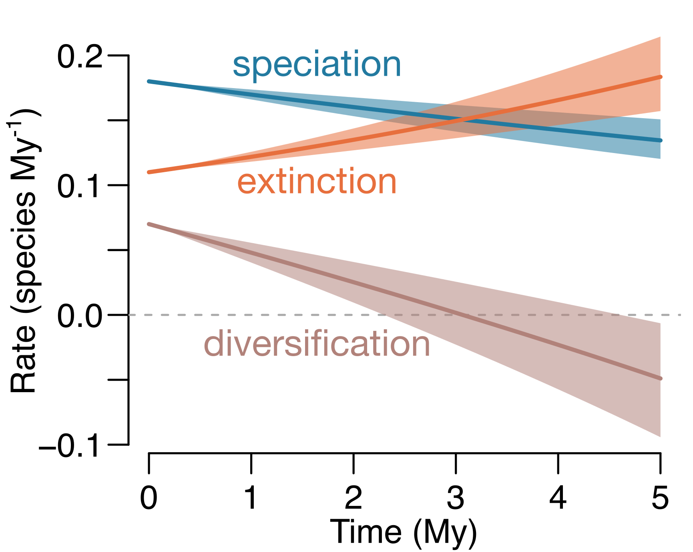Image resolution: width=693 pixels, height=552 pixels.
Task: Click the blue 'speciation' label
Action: coord(317,65)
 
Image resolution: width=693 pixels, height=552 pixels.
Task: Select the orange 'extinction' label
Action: coord(317,182)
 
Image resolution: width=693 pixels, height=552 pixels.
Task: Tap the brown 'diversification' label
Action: coord(317,344)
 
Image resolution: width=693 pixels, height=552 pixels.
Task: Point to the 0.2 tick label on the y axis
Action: coord(80,56)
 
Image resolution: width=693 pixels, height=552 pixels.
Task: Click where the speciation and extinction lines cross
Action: coord(460,119)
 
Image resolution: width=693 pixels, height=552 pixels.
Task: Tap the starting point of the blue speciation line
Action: coord(149,81)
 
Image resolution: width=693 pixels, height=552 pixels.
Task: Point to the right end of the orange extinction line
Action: coord(660,77)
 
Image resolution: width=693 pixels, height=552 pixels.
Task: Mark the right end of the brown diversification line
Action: coord(660,379)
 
